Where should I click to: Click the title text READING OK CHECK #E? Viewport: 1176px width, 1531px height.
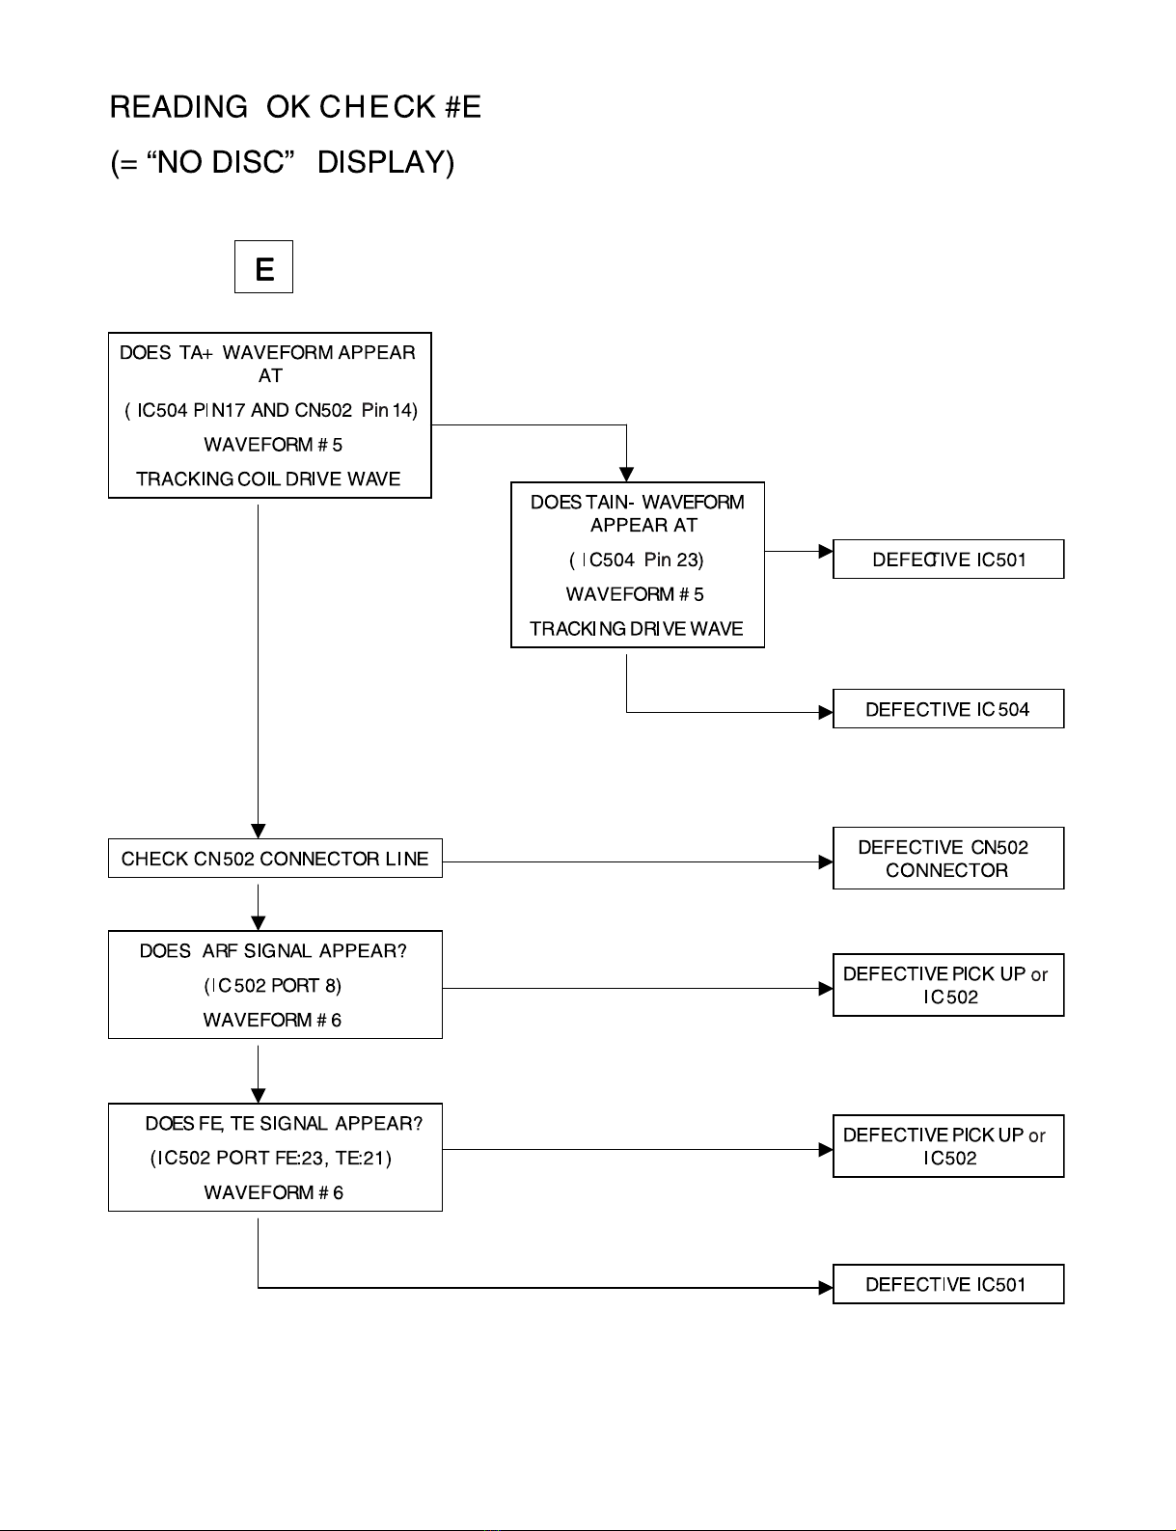point(295,107)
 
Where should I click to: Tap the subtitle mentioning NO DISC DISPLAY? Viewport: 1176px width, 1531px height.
point(283,162)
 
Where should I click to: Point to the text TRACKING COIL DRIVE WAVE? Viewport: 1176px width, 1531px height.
point(268,479)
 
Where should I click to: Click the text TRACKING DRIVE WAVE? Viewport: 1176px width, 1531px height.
point(637,628)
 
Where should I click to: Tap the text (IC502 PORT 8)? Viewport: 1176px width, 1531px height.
point(273,985)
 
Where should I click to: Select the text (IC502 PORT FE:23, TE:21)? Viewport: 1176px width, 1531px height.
point(271,1158)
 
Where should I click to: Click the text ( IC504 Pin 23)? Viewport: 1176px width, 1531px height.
point(637,560)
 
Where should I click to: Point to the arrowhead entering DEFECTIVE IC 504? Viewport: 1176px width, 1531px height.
point(826,712)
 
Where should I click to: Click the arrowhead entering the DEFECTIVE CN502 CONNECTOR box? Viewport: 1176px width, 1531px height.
point(826,861)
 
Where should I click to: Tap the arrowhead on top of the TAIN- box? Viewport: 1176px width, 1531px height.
point(626,475)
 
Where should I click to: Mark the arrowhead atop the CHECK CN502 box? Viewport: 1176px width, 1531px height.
point(259,832)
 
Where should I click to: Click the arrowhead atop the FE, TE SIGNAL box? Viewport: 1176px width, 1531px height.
point(259,1096)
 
